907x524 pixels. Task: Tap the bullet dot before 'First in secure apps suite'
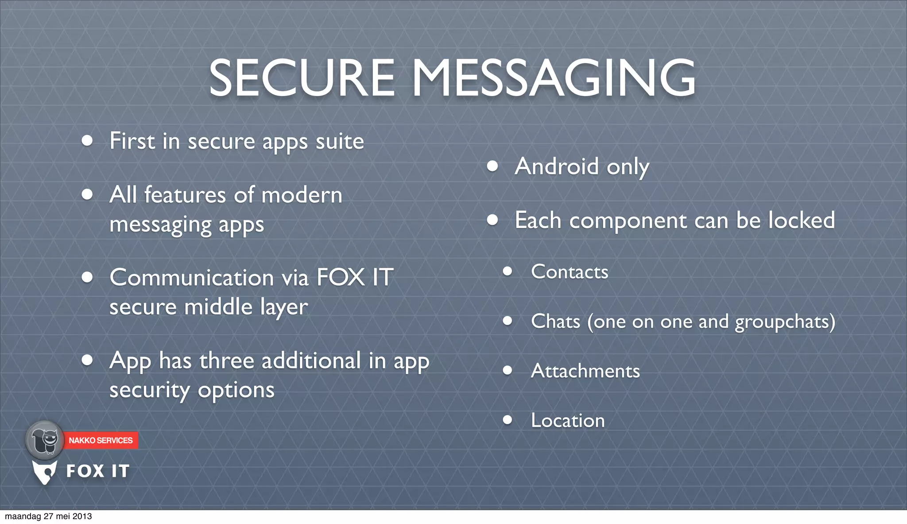(87, 141)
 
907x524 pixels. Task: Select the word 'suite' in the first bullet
(340, 142)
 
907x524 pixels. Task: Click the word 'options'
(236, 390)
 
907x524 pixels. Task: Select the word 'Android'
(557, 167)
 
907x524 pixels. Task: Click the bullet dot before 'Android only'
(492, 166)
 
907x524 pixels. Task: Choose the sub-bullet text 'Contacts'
(570, 272)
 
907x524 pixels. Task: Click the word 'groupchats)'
(785, 322)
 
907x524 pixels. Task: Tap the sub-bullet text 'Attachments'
(585, 371)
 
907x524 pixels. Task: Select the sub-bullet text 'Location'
(568, 420)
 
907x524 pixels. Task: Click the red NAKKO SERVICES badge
(101, 440)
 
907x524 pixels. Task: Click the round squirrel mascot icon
(45, 440)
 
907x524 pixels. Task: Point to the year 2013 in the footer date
(82, 516)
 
